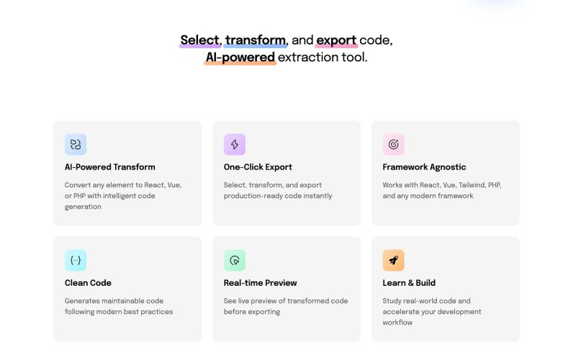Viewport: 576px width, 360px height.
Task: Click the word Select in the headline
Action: point(199,40)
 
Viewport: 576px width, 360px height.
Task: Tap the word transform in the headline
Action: point(256,40)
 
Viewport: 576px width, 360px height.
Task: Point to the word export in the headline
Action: point(336,40)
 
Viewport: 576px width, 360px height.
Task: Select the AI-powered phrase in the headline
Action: point(240,58)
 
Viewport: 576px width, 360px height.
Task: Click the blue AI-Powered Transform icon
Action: point(76,145)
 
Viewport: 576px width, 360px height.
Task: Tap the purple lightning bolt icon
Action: point(235,145)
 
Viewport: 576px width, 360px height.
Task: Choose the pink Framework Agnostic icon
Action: point(393,145)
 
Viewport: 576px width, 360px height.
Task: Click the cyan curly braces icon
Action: point(76,261)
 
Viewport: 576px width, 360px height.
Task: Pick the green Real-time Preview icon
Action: point(235,261)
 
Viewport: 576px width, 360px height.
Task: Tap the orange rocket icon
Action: point(393,261)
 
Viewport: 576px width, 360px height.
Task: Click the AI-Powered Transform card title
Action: point(109,167)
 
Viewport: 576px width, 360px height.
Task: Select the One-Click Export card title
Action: point(258,167)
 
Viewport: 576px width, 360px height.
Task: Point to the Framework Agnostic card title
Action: point(424,167)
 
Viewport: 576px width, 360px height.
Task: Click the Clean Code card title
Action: point(88,283)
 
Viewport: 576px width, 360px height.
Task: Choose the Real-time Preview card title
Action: point(260,283)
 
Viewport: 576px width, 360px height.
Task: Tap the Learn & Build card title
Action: point(409,283)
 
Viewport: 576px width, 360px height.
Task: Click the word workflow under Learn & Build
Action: point(397,323)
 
